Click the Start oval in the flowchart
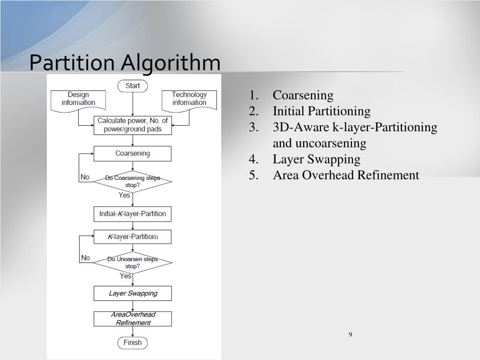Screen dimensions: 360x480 tap(133, 86)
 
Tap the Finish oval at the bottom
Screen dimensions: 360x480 tap(133, 343)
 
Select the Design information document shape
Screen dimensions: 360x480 tap(78, 99)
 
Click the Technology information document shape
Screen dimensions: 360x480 tap(189, 99)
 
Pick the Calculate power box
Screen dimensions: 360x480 tap(133, 125)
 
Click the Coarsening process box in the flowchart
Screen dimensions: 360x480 tap(133, 153)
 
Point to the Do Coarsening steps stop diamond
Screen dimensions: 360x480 tap(133, 181)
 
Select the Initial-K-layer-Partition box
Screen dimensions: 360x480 tap(133, 214)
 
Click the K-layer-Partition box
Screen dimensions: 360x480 tap(133, 237)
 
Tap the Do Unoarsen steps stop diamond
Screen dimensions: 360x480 tap(133, 262)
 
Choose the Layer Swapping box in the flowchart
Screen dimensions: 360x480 tap(133, 293)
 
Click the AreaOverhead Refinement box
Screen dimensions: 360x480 tap(133, 319)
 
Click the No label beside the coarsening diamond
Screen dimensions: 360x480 tap(85, 177)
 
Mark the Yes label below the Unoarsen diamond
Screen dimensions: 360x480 tap(125, 276)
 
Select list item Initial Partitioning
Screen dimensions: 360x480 tap(322, 112)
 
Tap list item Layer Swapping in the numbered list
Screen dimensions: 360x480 tap(316, 159)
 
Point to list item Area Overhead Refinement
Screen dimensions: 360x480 tap(346, 175)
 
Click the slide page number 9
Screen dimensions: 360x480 tap(351, 334)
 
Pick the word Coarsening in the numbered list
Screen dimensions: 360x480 tap(303, 96)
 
